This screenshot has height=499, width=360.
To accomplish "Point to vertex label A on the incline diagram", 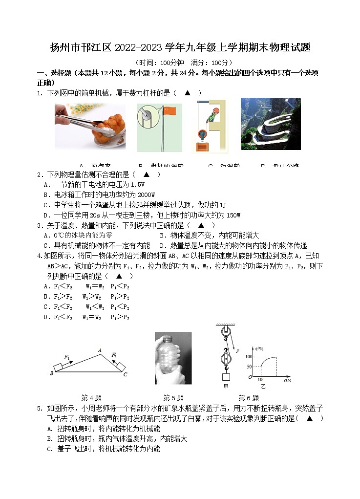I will (100, 350).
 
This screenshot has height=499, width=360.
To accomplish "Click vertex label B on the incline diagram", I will (51, 374).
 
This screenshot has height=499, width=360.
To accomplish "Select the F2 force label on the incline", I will (114, 355).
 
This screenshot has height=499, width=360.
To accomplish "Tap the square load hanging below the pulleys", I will (226, 377).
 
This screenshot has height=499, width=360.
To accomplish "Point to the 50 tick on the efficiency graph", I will (249, 367).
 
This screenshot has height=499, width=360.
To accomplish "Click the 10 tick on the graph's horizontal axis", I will (259, 380).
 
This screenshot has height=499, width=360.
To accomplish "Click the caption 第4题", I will (91, 398).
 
